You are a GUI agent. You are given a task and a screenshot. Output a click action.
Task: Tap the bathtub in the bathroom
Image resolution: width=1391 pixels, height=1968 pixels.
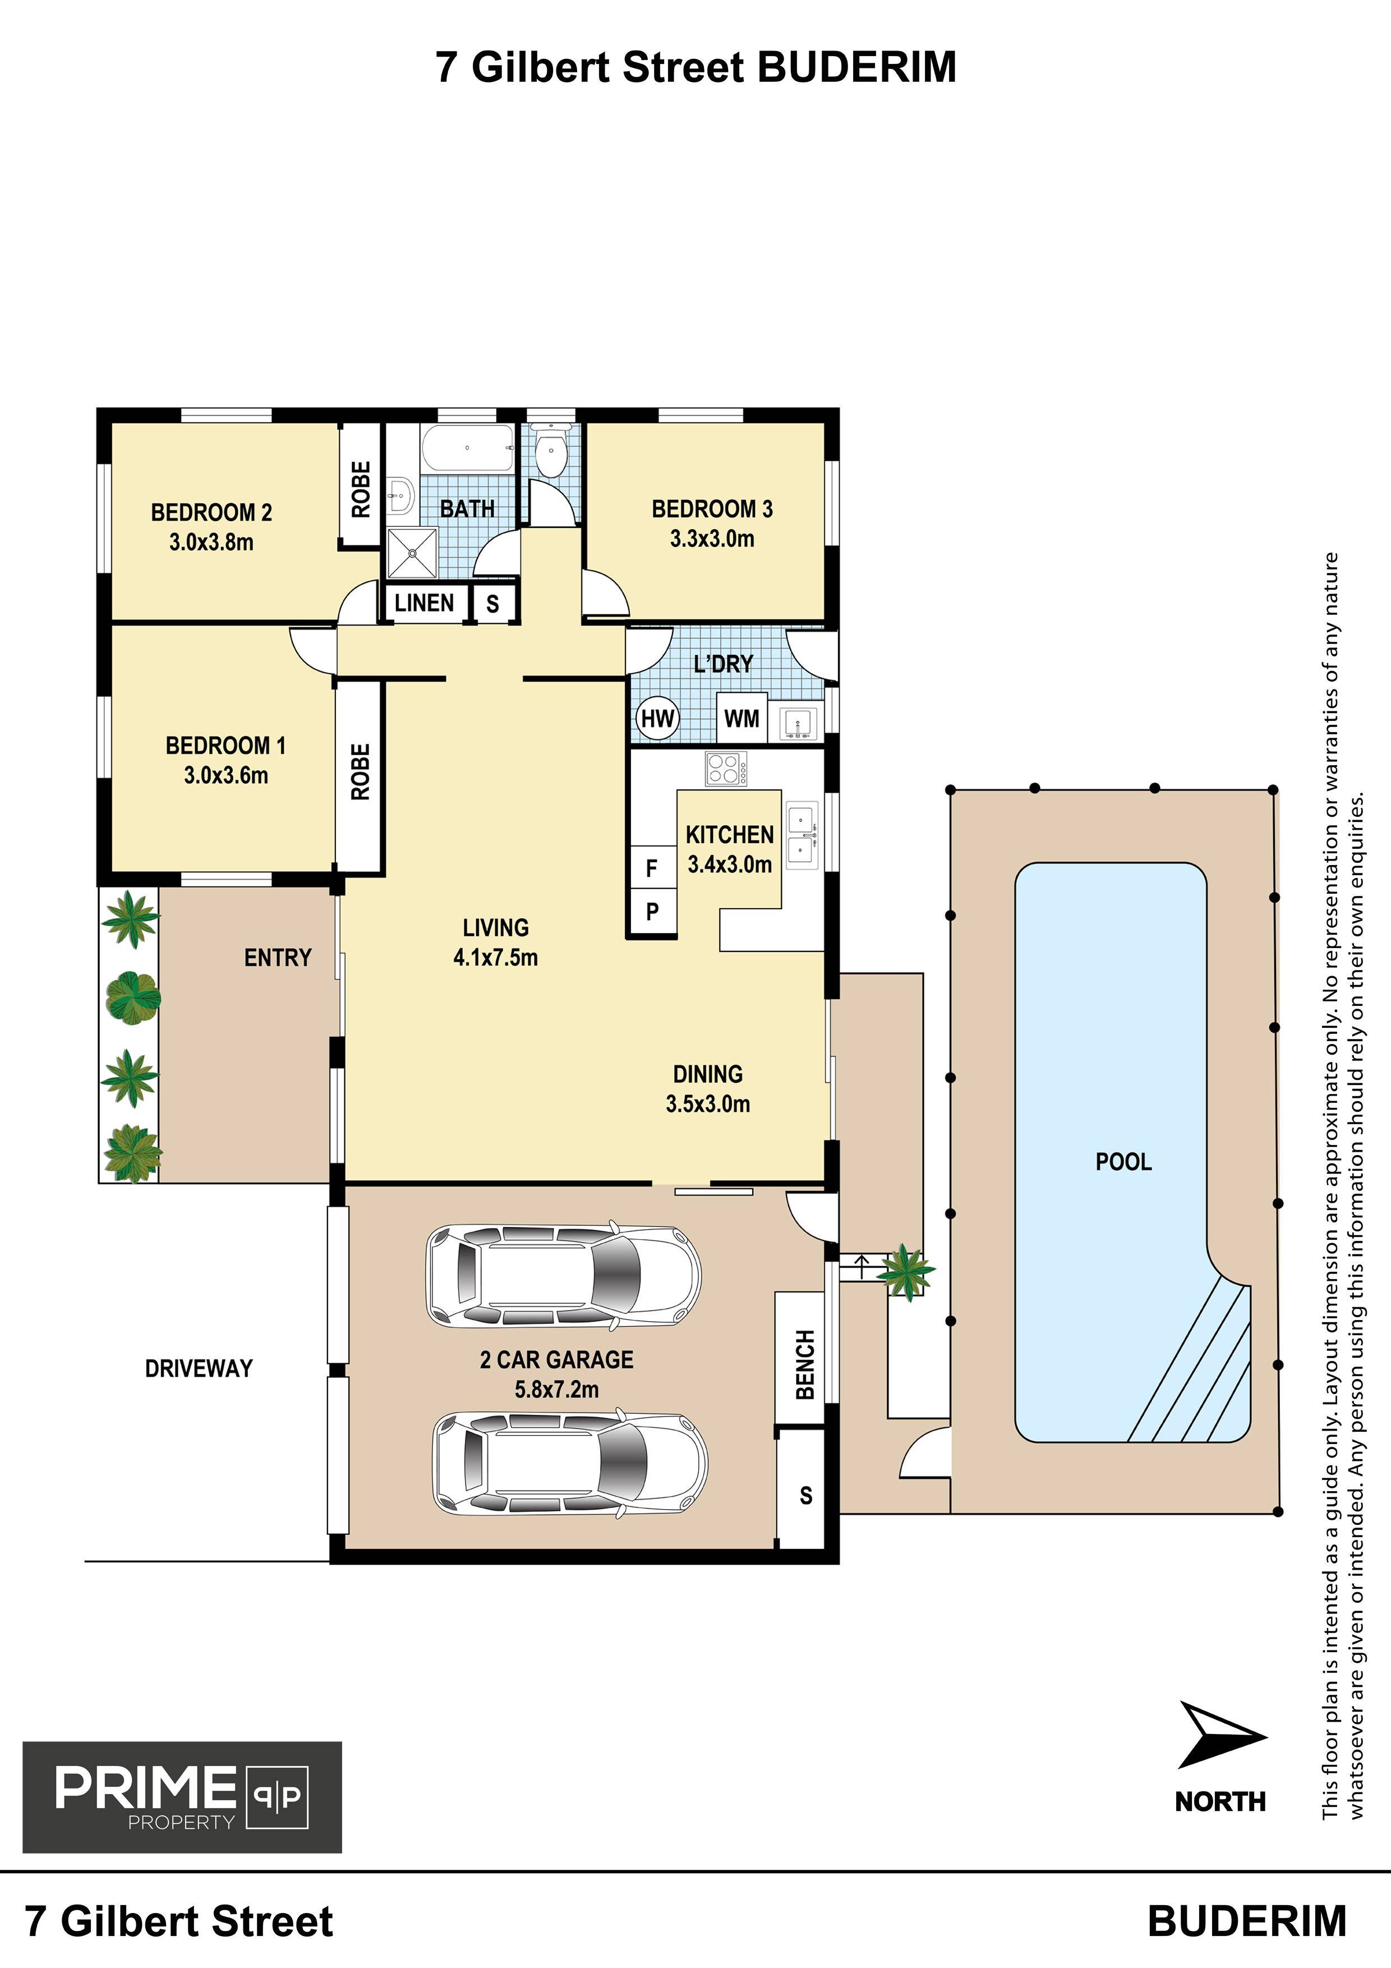click(x=468, y=448)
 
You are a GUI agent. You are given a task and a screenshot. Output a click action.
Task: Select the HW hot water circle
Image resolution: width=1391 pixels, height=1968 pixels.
click(x=657, y=718)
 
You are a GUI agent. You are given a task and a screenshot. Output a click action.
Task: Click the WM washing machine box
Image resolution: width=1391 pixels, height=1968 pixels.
click(x=741, y=718)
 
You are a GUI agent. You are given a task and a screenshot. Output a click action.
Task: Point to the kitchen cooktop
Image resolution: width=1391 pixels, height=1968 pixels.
click(x=726, y=768)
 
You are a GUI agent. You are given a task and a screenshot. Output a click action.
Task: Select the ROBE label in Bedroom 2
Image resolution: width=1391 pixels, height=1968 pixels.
click(x=361, y=489)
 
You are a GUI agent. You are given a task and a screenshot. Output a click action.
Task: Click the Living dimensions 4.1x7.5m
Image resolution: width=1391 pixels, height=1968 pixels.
click(x=495, y=958)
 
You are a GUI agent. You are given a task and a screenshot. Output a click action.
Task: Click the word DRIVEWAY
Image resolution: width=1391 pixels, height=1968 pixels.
click(x=199, y=1368)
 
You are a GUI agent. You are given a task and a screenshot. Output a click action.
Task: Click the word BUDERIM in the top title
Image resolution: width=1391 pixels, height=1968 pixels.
click(x=857, y=68)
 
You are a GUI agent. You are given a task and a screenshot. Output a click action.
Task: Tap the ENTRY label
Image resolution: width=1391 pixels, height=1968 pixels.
click(x=278, y=958)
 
